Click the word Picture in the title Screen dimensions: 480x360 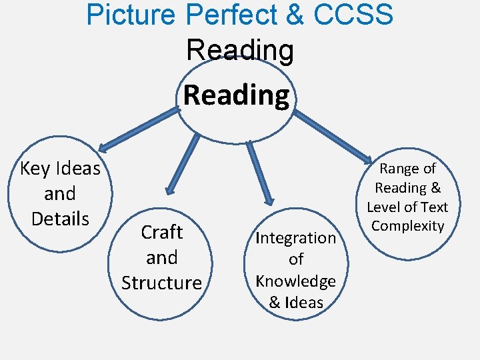[125, 15]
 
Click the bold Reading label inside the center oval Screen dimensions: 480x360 [237, 95]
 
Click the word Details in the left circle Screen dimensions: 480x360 [60, 219]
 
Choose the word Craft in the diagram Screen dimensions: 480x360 [162, 233]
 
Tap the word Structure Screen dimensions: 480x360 [161, 283]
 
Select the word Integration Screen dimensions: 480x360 [296, 238]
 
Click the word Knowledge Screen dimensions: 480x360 [296, 281]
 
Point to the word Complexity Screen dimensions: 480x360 [407, 225]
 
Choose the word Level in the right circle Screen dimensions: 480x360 [385, 207]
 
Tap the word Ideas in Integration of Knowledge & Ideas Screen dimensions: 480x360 [305, 302]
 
